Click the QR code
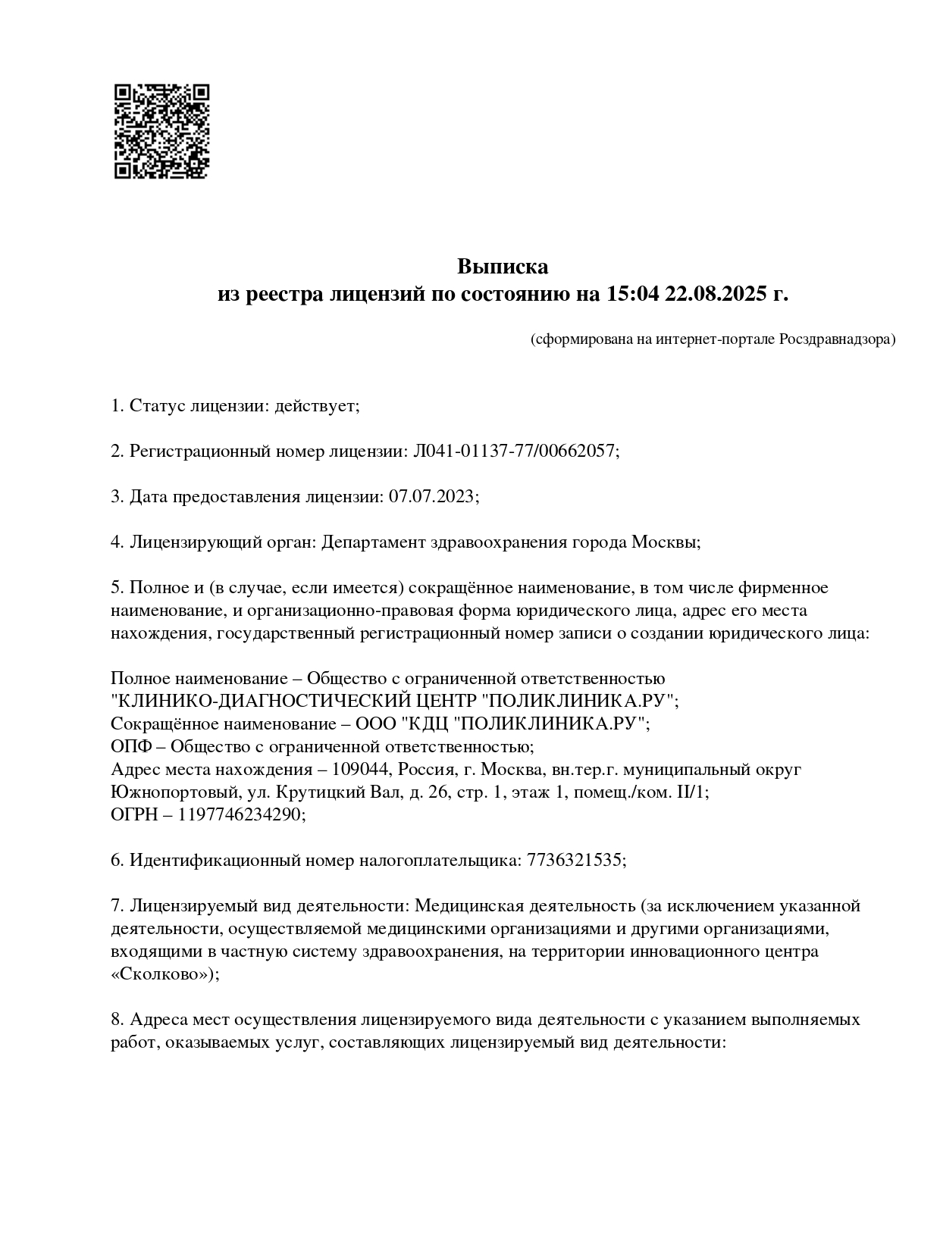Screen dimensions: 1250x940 click(x=161, y=130)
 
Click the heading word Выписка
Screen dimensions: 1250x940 click(x=502, y=267)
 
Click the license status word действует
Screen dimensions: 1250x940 click(x=317, y=406)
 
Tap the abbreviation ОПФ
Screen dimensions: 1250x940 click(x=129, y=746)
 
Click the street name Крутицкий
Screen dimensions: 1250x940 click(x=324, y=792)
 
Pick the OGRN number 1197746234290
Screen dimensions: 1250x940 click(x=241, y=814)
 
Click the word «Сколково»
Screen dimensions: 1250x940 click(x=161, y=974)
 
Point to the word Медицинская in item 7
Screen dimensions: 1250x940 click(x=472, y=906)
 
